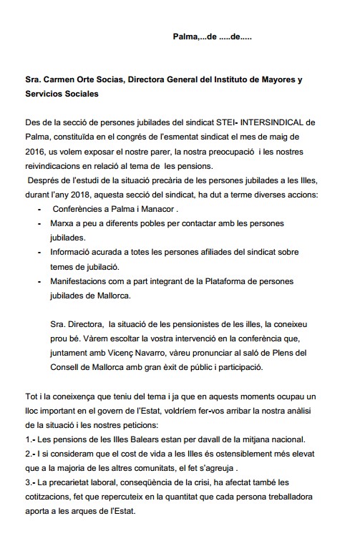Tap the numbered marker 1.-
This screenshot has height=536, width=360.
point(29,439)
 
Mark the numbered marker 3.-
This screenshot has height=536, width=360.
point(29,482)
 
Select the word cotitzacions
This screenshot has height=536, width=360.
point(52,496)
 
